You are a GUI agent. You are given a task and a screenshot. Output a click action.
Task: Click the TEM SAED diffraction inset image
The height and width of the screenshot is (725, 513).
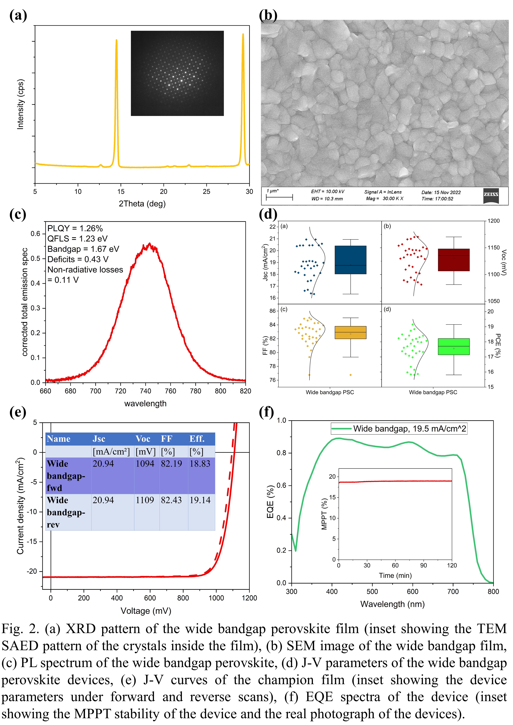(x=177, y=73)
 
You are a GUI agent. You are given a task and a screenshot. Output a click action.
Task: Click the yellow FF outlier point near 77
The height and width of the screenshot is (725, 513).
(x=351, y=375)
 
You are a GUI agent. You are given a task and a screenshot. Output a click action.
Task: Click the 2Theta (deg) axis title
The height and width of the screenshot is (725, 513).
(x=142, y=204)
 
